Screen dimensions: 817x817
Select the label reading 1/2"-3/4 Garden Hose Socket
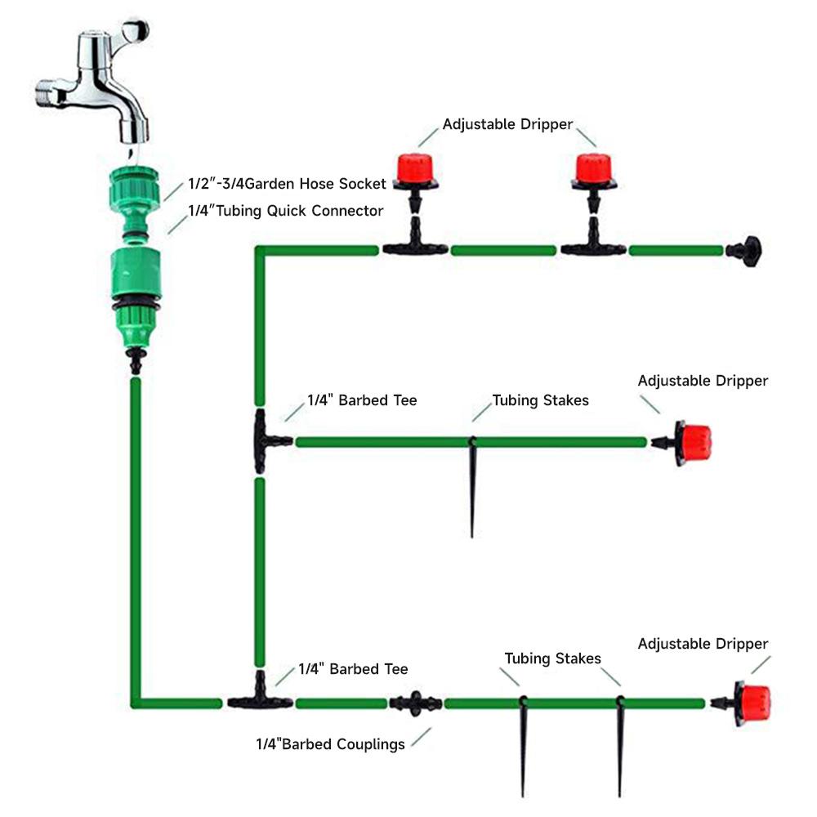point(287,184)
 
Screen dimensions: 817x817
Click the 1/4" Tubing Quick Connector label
point(285,212)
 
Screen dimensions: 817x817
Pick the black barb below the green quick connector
point(136,360)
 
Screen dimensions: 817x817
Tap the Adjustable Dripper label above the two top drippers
point(507,125)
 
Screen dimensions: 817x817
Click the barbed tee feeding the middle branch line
point(266,442)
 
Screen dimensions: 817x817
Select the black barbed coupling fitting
point(415,703)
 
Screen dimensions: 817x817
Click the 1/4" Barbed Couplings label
point(330,744)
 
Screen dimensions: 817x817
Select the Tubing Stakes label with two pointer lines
point(552,659)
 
